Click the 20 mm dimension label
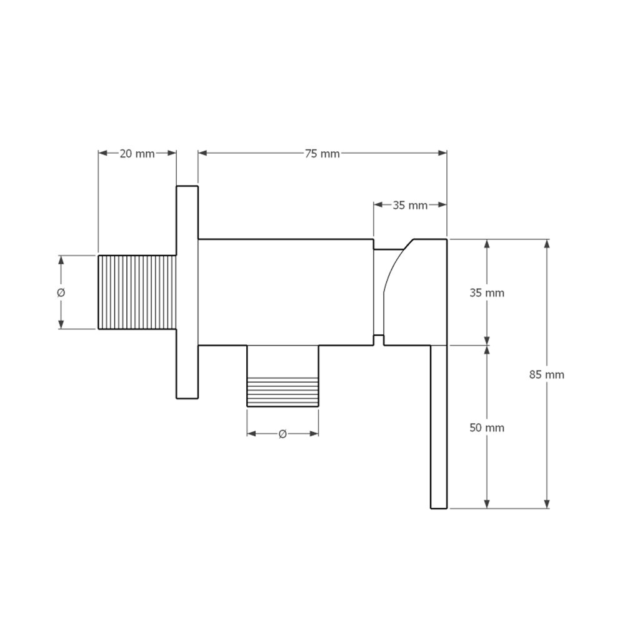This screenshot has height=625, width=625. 137,154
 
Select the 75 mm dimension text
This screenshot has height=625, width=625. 322,154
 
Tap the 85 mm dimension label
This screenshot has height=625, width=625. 546,374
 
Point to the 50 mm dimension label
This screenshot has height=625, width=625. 487,427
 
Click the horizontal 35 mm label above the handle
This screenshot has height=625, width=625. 410,205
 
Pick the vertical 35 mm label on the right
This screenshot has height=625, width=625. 487,293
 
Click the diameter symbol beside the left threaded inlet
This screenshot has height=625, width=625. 61,293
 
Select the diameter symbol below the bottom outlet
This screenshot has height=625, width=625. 282,434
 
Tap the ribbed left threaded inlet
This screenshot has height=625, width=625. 137,292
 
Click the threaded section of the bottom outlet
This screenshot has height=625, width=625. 282,392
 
